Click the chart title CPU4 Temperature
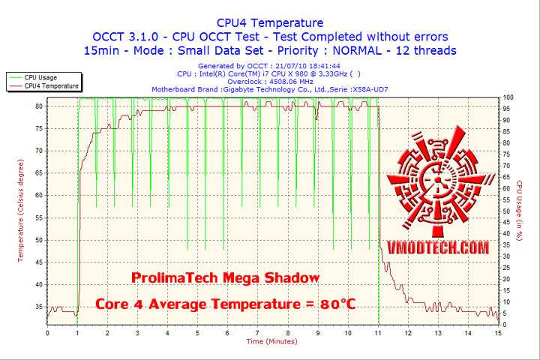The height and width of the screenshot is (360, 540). tap(270, 22)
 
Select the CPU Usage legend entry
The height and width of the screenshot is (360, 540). tap(40, 77)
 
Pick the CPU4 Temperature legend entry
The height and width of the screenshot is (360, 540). tap(51, 85)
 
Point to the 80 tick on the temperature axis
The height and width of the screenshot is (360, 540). tap(38, 106)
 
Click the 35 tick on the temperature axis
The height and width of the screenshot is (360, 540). tap(38, 307)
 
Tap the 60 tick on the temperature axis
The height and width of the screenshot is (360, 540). tap(38, 196)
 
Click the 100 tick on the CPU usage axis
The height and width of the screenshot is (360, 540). tap(508, 97)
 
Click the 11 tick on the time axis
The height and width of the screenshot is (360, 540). tap(377, 332)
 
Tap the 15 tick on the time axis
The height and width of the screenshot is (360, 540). tap(498, 332)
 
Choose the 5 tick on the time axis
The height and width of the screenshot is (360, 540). tap(197, 332)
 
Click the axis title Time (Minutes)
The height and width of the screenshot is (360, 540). tap(271, 342)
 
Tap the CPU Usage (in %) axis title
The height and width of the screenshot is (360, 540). tap(518, 211)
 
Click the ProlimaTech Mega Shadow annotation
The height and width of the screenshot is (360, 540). tap(225, 278)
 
